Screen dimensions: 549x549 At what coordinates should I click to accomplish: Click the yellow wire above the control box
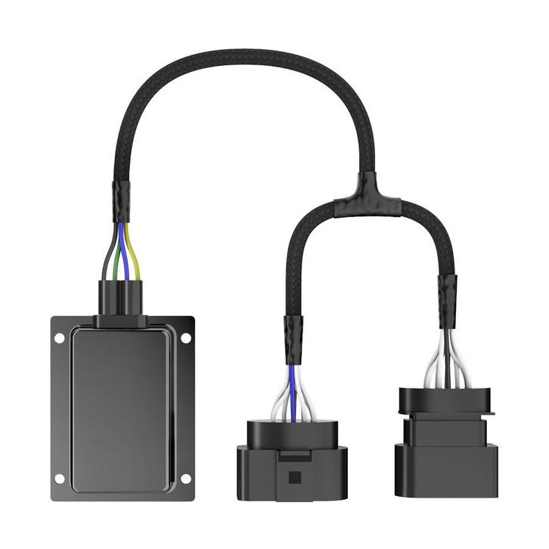pyautogui.click(x=137, y=253)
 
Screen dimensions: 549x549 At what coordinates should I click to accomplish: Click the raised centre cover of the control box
pyautogui.click(x=122, y=408)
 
